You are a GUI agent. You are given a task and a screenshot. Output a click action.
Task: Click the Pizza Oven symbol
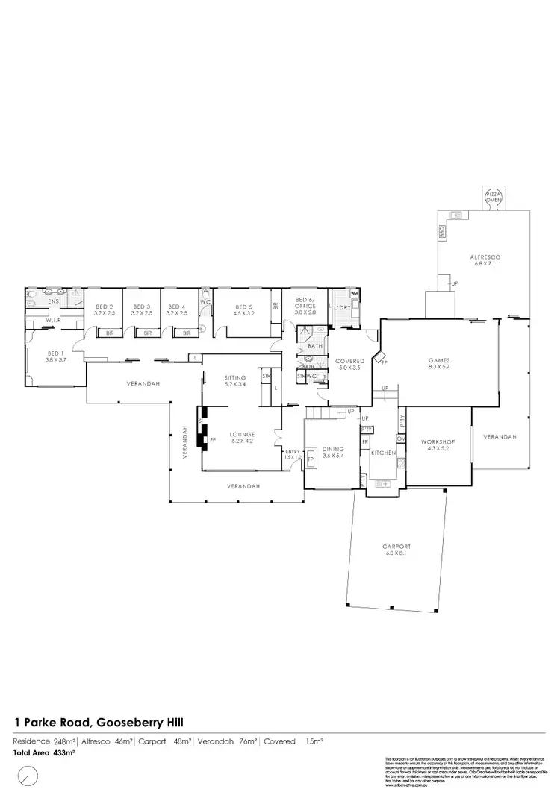point(494,196)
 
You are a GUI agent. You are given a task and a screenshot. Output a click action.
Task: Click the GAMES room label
point(439,359)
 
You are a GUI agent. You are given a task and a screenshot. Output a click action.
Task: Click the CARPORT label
point(394,547)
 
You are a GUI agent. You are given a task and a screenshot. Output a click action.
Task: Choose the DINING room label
point(332,449)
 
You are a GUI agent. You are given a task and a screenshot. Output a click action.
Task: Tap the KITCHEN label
point(382,453)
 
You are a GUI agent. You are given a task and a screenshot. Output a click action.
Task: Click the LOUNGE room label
point(243,434)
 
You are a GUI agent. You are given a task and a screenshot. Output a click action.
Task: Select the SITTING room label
point(240,378)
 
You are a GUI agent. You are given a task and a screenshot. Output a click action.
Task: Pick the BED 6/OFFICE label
point(305,303)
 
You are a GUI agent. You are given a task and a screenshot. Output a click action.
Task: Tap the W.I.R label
point(52,321)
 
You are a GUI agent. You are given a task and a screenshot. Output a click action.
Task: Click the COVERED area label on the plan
point(349,361)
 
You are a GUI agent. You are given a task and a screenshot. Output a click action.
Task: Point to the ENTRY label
point(293,452)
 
